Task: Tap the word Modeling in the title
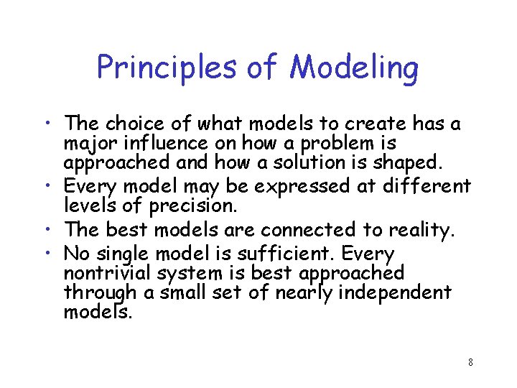354,68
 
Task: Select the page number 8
470,362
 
